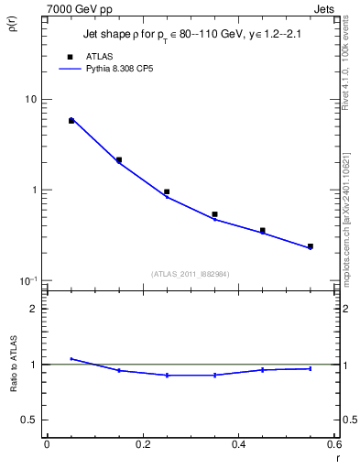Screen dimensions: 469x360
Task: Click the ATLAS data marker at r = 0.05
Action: tap(71, 121)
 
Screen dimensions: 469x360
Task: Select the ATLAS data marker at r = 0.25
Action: tap(167, 192)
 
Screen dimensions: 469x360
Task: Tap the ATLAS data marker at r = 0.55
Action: tap(311, 246)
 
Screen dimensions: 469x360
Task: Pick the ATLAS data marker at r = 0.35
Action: tap(214, 214)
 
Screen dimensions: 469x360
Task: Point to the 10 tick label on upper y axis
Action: tap(29, 99)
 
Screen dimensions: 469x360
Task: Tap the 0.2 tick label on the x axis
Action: tap(142, 444)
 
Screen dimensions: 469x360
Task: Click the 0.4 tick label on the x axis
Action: tap(238, 444)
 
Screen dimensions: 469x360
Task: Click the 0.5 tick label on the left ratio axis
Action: tap(29, 420)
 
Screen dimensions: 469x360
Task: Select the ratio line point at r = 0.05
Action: tap(71, 359)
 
